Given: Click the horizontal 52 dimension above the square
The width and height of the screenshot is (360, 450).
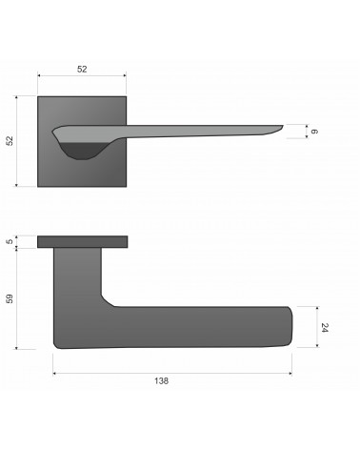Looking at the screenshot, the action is [x=82, y=69].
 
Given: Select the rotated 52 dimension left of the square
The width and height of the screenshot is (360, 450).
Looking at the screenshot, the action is [x=10, y=141].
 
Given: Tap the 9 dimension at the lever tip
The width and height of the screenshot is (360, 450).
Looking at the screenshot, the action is [x=314, y=132].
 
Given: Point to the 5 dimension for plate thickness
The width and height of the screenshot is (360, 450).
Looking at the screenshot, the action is [x=10, y=241].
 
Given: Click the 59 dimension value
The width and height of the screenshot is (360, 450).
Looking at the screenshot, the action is [x=10, y=298].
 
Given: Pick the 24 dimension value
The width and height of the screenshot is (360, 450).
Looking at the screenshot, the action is [x=325, y=328].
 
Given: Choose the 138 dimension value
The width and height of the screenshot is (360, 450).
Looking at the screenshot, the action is [x=161, y=380].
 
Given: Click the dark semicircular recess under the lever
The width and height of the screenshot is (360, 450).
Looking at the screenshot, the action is [x=82, y=151].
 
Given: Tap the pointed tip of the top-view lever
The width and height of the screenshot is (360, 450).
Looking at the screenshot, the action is [x=282, y=126].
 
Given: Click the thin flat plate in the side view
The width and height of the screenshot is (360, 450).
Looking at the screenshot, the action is [x=83, y=241].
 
